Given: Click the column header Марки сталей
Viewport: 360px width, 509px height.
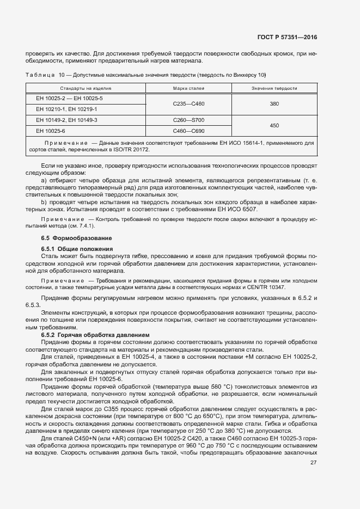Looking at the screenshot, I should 188,88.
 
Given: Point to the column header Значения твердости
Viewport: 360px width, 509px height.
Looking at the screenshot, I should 274,88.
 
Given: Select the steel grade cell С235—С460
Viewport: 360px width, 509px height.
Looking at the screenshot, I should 188,103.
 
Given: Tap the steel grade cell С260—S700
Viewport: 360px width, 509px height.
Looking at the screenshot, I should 188,120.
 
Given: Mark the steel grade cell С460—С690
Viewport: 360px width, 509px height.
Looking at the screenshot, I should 188,131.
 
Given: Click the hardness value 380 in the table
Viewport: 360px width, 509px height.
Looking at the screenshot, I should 274,103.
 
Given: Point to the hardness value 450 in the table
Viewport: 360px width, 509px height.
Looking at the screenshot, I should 274,125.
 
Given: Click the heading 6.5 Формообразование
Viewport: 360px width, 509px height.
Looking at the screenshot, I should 76,238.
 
